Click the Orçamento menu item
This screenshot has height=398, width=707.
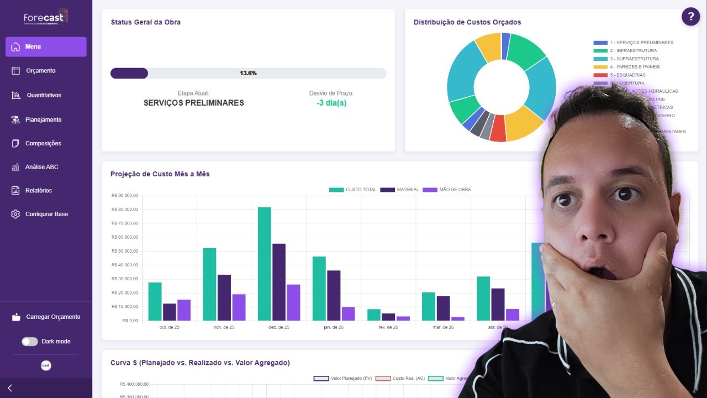point(40,71)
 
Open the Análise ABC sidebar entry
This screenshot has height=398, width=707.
point(41,167)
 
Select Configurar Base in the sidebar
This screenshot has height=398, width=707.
point(46,214)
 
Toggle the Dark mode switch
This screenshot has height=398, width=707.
point(30,342)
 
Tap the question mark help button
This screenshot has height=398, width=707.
point(690,17)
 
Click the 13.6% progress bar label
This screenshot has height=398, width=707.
point(248,73)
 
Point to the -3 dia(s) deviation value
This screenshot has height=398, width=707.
point(331,103)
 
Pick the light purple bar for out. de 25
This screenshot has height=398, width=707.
point(184,310)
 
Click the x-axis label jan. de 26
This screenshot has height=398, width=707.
point(334,327)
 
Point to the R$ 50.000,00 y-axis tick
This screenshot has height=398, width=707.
point(124,251)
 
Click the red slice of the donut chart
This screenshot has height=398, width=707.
point(498,129)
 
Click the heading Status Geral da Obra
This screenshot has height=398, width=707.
point(145,22)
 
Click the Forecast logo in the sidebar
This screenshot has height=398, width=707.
point(46,18)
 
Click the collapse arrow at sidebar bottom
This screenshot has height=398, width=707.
point(10,388)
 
